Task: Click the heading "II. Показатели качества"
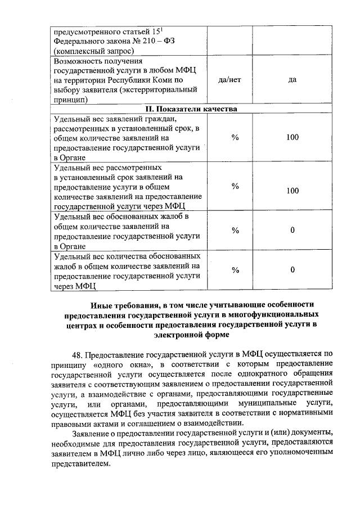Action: point(191,109)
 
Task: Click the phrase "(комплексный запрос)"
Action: point(90,51)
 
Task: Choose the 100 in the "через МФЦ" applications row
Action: point(292,191)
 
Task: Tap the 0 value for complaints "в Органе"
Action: point(292,230)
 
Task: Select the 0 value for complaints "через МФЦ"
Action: point(292,271)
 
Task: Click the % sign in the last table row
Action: point(236,271)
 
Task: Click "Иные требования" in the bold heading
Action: point(123,304)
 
